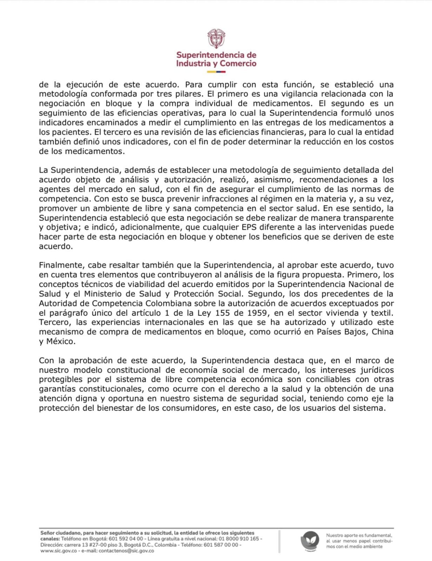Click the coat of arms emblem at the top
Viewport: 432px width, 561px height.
(216, 38)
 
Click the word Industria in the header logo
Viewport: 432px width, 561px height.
(193, 63)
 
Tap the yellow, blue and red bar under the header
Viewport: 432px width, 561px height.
(216, 72)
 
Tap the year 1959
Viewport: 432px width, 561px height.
(257, 313)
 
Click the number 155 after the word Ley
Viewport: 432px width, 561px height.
(223, 313)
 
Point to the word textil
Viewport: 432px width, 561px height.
(382, 313)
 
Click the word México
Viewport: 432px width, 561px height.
(61, 341)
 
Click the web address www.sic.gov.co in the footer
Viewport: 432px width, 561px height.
(58, 551)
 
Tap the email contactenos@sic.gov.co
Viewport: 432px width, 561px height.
(126, 551)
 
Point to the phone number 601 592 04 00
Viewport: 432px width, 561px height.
(126, 539)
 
